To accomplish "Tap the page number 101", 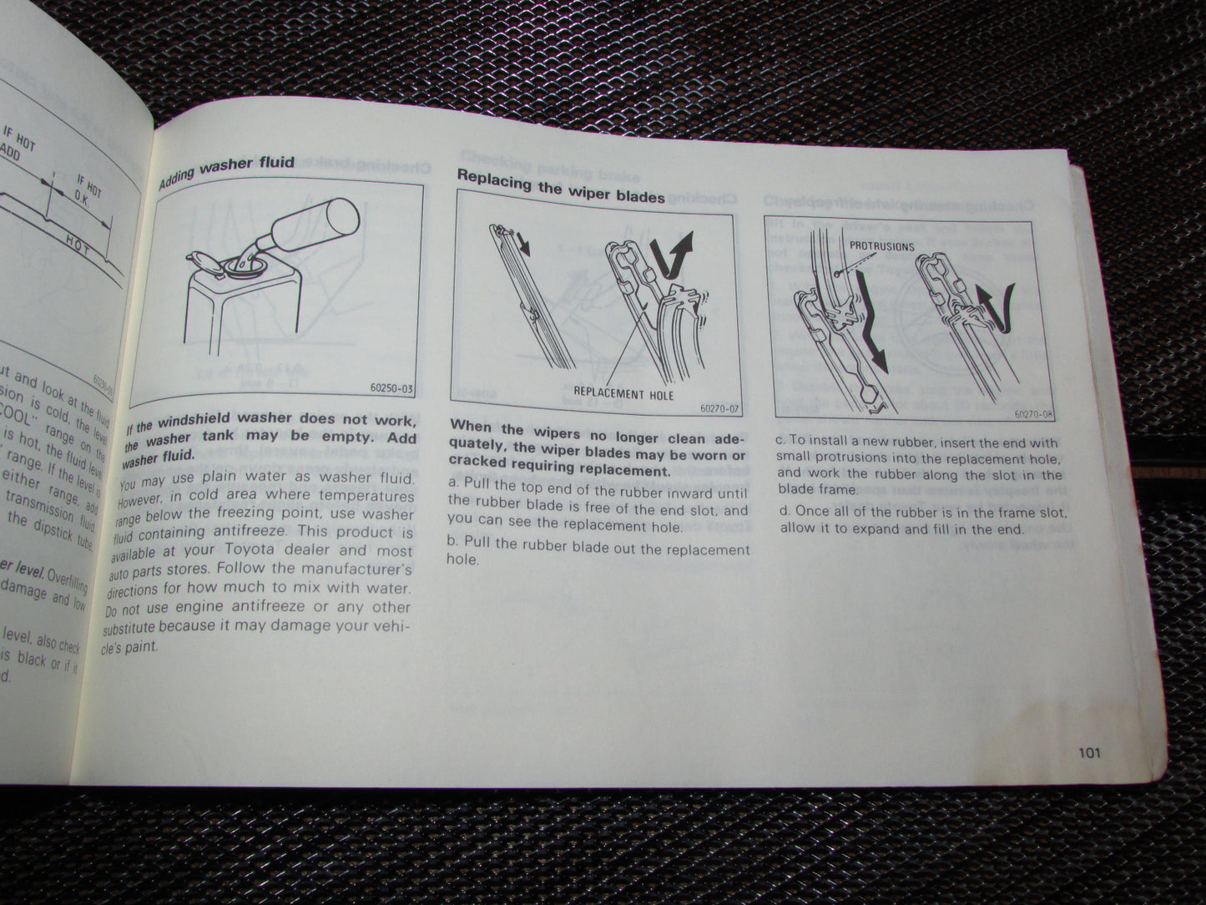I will click(x=1089, y=752).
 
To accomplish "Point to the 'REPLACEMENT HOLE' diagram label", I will click(x=623, y=392).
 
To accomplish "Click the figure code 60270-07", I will click(x=720, y=408).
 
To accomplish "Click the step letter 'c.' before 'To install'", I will click(x=781, y=443).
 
